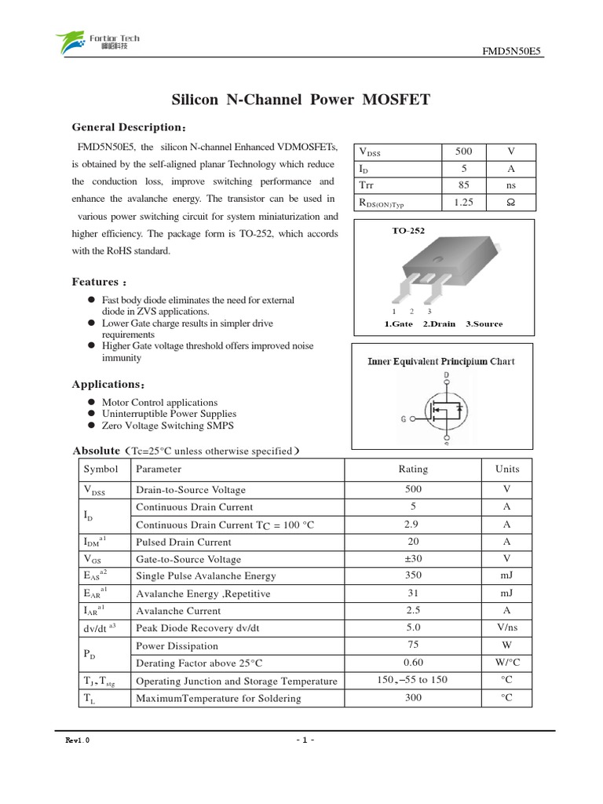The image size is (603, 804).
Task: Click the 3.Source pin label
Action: [x=484, y=323]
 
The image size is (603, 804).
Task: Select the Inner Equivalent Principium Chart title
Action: [x=442, y=362]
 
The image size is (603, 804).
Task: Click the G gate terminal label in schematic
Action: [x=404, y=419]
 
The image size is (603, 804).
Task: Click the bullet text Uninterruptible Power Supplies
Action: [x=169, y=414]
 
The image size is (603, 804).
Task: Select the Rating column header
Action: [x=413, y=469]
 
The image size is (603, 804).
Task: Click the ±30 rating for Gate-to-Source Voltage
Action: [x=413, y=559]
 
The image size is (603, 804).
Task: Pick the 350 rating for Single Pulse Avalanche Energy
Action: [x=413, y=576]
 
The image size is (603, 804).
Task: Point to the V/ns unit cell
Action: [x=507, y=627]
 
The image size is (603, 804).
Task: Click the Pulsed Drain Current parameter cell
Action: [x=184, y=542]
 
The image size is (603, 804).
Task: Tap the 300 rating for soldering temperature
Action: [x=413, y=697]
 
